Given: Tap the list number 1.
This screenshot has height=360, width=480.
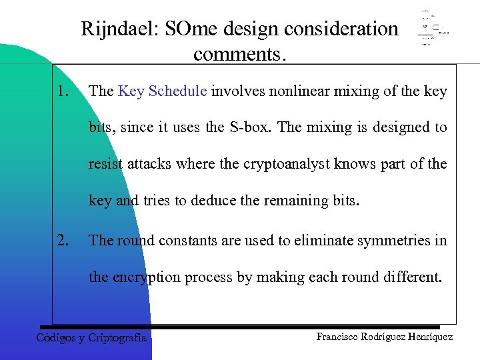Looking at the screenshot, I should [63, 90].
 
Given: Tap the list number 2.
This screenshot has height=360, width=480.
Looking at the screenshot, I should [63, 239].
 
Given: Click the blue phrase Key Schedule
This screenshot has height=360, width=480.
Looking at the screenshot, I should [162, 91].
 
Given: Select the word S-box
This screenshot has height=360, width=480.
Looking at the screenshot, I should [251, 127].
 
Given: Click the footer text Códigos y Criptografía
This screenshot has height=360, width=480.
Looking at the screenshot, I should [91, 337].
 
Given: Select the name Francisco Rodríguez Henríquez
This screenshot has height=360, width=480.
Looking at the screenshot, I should [385, 337].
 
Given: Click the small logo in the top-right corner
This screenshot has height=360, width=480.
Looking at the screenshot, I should [433, 29].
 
